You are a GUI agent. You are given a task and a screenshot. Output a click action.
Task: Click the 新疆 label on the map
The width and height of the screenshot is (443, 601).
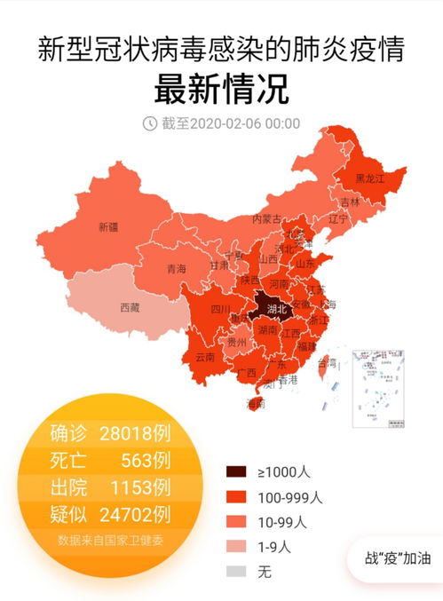tap(107, 226)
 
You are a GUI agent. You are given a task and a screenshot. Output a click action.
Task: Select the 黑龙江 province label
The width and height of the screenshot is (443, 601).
tap(369, 178)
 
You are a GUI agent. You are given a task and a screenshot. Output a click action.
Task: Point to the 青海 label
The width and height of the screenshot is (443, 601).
tap(177, 268)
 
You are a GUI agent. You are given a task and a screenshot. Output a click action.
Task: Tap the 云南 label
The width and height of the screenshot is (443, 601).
tap(205, 357)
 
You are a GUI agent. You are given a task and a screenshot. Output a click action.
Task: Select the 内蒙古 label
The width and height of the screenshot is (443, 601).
tap(266, 218)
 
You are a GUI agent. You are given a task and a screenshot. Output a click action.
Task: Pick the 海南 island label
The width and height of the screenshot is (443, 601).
tap(256, 404)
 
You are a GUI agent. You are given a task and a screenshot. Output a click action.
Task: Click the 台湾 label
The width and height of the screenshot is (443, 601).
tap(328, 362)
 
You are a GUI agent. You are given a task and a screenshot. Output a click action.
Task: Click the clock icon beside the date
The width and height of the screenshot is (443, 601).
tap(150, 123)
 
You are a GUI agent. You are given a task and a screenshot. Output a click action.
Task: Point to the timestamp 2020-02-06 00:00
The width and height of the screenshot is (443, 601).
tap(231, 123)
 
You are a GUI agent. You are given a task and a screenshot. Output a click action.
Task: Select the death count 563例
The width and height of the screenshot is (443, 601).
tap(144, 461)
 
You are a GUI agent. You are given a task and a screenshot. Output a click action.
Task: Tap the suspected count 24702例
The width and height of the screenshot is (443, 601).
tap(136, 514)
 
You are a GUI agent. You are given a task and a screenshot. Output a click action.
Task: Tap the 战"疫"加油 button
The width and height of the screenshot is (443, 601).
tap(398, 559)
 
